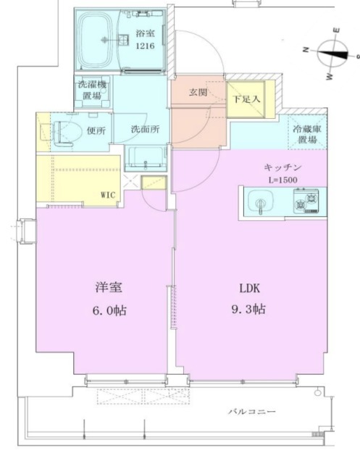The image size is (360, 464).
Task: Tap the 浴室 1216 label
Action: (x=146, y=39)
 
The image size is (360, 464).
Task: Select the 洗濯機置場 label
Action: (x=93, y=91)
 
